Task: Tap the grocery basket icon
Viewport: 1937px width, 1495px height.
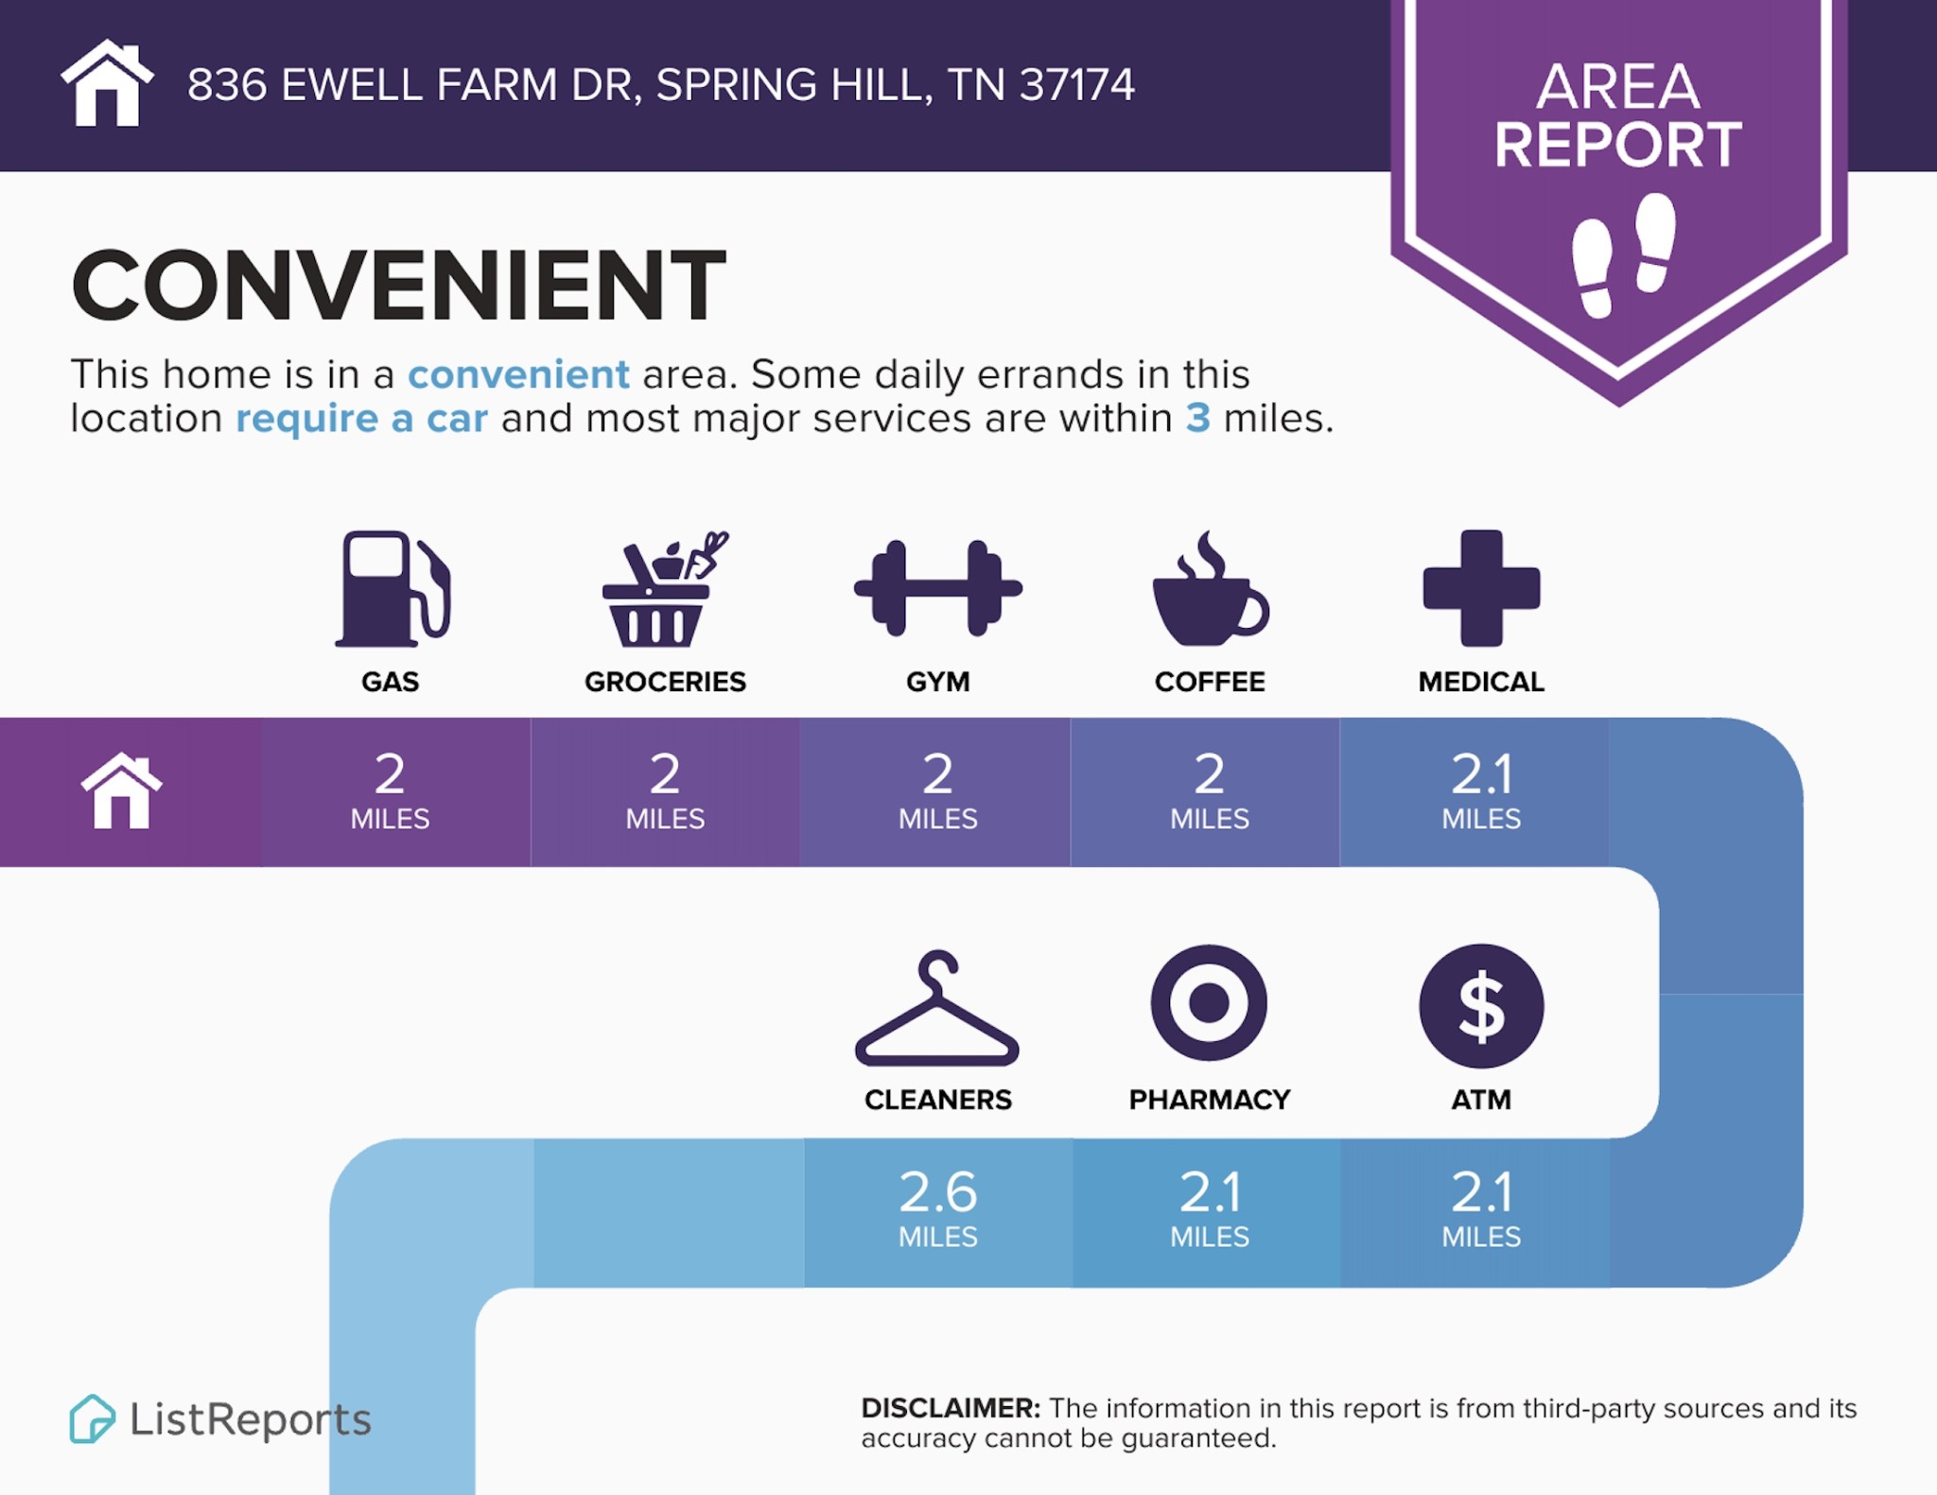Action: click(x=665, y=589)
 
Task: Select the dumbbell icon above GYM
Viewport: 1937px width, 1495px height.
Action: click(x=937, y=588)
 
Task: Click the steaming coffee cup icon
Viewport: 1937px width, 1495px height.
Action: click(x=1210, y=589)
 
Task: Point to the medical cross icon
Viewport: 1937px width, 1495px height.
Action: click(x=1481, y=588)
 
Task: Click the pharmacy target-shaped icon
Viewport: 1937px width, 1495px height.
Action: click(x=1209, y=1002)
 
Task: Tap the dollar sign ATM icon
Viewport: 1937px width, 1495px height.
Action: click(x=1481, y=1006)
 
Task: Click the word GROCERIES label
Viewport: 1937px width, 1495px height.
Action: click(x=665, y=682)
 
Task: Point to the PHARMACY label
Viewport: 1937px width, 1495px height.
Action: click(x=1210, y=1100)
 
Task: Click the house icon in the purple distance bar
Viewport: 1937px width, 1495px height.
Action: click(x=121, y=791)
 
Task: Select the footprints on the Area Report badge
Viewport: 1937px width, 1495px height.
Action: click(x=1623, y=255)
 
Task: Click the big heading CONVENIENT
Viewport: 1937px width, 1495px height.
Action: click(x=398, y=286)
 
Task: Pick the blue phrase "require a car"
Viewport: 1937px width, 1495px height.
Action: click(x=361, y=419)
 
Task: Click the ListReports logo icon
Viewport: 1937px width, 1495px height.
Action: click(x=92, y=1418)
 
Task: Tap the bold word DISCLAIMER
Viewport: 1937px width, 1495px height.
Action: click(x=951, y=1408)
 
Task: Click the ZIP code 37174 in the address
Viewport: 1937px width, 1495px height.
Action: click(x=1077, y=85)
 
